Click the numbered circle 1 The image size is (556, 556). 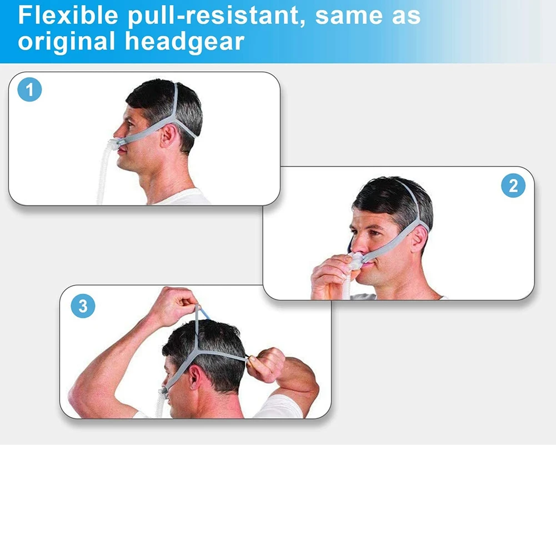pos(30,89)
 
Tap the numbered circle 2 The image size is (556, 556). pos(513,185)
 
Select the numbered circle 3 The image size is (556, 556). pos(83,305)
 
